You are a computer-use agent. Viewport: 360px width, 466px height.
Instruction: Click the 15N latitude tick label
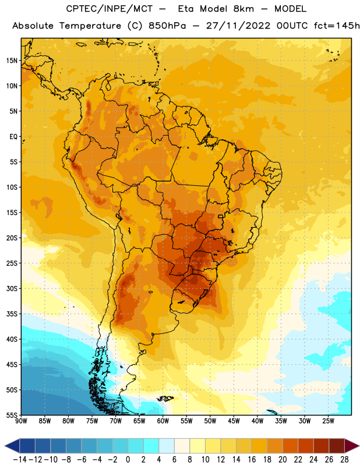tap(12, 61)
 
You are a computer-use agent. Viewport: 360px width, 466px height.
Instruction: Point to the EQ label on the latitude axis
tap(13, 137)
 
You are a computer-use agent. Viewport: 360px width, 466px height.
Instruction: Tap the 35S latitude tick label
tap(12, 314)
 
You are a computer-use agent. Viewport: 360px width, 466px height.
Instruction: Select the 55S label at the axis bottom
tap(12, 415)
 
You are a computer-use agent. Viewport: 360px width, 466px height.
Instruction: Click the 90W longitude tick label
tap(21, 421)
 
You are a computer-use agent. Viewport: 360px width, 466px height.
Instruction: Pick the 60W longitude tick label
tap(163, 421)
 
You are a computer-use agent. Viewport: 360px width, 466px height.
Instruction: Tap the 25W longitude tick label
tap(328, 421)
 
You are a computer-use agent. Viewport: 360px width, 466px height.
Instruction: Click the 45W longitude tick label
tap(234, 421)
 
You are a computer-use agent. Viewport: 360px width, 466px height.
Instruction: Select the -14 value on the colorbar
tap(20, 460)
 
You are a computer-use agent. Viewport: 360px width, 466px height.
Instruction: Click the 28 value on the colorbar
tap(344, 460)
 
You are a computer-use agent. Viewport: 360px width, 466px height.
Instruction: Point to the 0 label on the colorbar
tap(128, 460)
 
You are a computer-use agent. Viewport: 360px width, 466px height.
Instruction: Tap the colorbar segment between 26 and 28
tap(337, 446)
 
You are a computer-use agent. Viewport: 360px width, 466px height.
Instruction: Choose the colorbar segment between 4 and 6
tap(167, 446)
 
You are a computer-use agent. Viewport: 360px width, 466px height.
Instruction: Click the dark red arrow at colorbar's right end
tap(352, 446)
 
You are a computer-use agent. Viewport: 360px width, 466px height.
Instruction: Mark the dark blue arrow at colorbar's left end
tap(12, 446)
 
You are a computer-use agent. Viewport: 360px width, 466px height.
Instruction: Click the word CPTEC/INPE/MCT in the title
tap(109, 9)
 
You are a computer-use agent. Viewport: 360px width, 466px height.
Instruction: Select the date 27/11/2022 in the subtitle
tap(238, 26)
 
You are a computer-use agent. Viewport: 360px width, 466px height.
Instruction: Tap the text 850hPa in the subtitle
tap(167, 26)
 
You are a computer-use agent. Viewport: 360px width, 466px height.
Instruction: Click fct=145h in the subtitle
tap(337, 26)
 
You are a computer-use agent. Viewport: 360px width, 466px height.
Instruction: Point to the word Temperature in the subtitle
tap(90, 26)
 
